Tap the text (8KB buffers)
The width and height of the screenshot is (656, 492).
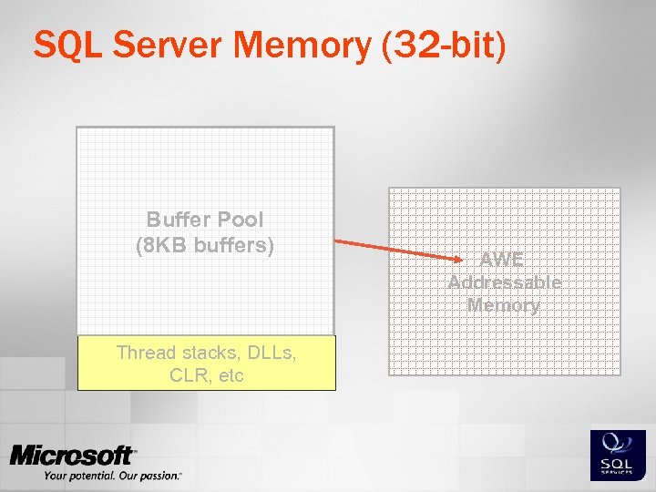(204, 245)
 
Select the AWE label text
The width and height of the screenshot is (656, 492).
(504, 259)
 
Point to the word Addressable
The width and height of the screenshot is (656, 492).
(504, 282)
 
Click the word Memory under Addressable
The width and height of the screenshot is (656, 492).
(504, 305)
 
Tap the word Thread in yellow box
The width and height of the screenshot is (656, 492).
(146, 353)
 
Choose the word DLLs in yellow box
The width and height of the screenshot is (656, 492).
(266, 353)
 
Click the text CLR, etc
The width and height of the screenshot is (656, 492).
(206, 375)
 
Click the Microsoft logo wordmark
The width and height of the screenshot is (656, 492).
(73, 456)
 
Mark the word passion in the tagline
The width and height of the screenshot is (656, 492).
(160, 475)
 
